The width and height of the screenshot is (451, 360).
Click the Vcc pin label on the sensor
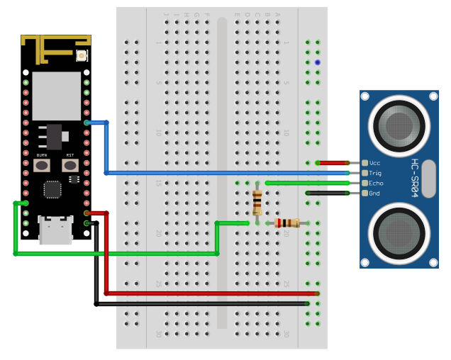click(375, 163)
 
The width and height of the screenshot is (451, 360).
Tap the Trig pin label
click(375, 173)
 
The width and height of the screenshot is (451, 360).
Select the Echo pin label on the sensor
click(376, 183)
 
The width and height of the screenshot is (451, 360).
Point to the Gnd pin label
click(374, 193)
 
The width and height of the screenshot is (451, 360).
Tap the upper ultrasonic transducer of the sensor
click(399, 126)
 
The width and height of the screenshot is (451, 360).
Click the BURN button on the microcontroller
click(42, 165)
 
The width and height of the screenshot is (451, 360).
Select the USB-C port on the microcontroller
click(55, 230)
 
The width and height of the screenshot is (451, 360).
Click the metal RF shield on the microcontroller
click(57, 95)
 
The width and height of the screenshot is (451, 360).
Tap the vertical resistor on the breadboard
click(257, 203)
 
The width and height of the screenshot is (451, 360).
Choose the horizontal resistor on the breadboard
click(287, 223)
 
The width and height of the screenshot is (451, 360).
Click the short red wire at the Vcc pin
click(333, 163)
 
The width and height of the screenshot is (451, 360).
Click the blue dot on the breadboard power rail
click(318, 62)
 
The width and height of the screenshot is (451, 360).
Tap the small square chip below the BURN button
click(52, 189)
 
